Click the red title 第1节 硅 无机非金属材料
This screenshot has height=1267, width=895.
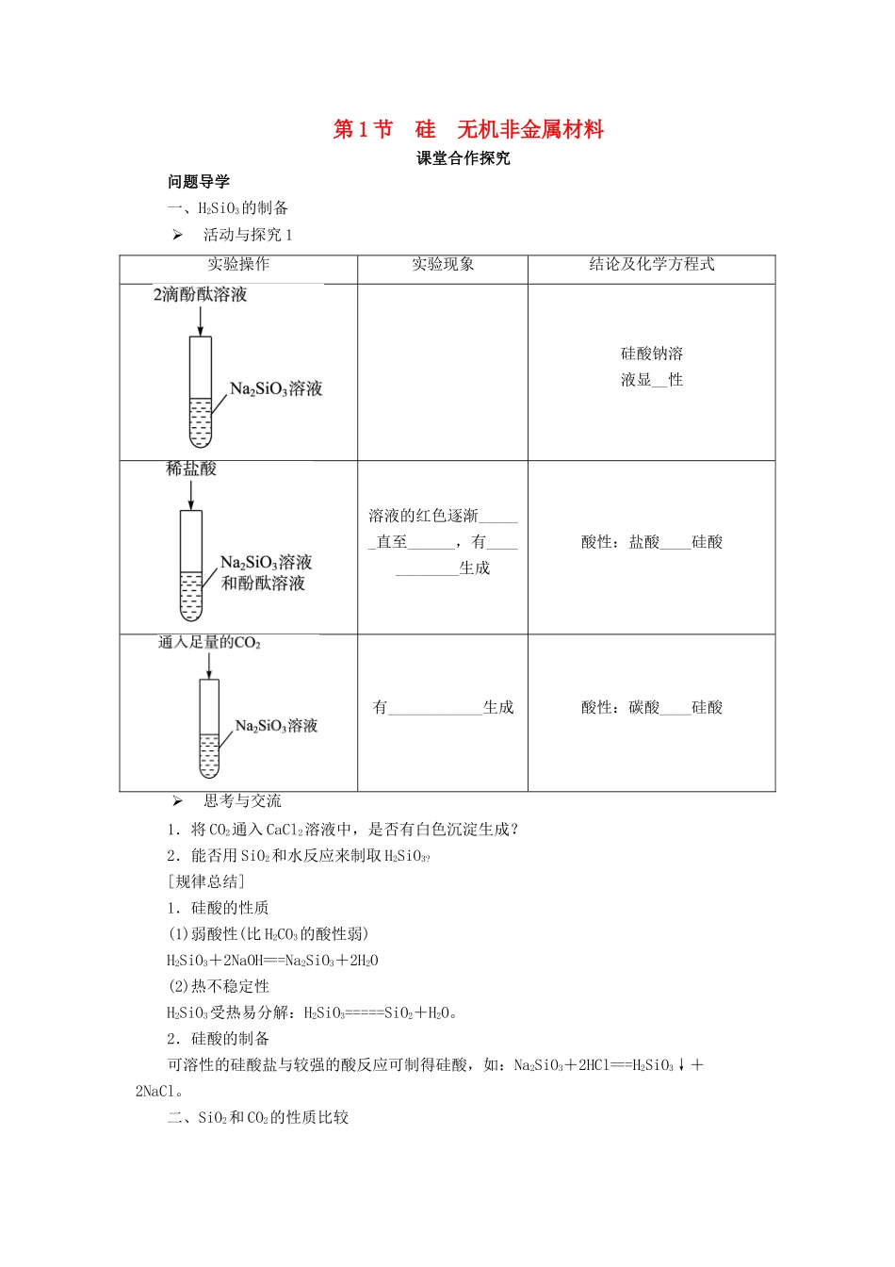point(468,130)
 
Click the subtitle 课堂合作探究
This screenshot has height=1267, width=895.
point(464,158)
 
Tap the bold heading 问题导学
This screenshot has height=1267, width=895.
point(199,182)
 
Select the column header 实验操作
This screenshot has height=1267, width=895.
point(238,265)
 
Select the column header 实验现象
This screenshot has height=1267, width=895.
point(443,265)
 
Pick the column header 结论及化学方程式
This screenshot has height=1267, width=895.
point(652,265)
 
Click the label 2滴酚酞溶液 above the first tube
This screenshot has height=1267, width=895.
point(201,295)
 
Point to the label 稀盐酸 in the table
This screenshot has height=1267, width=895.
point(191,469)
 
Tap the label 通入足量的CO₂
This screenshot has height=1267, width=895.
point(209,643)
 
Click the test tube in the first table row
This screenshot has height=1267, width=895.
point(200,391)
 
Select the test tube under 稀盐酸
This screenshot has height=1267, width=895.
point(191,565)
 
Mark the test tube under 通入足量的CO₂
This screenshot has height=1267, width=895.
point(209,728)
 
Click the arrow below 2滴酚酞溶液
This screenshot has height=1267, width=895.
point(200,321)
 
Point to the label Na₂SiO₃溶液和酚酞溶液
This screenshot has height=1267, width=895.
point(266,572)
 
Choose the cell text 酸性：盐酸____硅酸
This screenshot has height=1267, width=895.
point(652,542)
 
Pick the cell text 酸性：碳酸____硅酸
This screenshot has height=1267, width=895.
point(652,707)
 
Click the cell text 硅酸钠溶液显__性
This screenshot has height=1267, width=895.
point(652,367)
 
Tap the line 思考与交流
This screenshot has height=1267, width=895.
point(242,801)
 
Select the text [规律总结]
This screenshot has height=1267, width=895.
point(205,881)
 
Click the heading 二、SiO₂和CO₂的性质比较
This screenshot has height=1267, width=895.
point(258,1118)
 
